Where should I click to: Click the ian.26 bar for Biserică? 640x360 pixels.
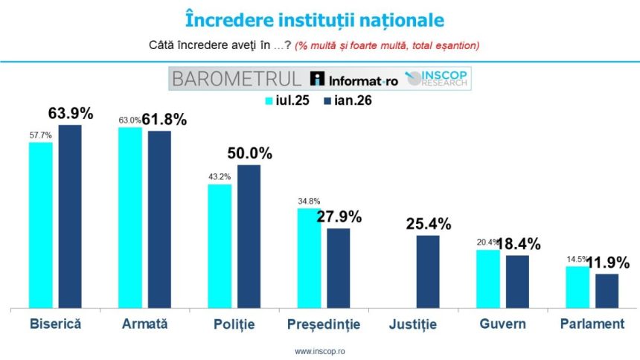click(70, 216)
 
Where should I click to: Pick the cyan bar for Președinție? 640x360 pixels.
click(309, 257)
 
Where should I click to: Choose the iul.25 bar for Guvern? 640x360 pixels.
click(487, 278)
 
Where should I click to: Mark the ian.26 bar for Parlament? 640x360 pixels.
click(607, 290)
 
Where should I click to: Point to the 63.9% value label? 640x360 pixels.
click(71, 113)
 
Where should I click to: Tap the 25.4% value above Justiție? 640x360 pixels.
click(428, 223)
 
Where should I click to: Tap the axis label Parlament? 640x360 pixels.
click(593, 324)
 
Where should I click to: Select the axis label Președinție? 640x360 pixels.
click(323, 324)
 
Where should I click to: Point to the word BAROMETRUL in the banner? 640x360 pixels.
click(236, 79)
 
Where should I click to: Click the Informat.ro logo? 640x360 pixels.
click(353, 79)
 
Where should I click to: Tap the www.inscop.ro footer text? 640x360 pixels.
click(319, 350)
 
